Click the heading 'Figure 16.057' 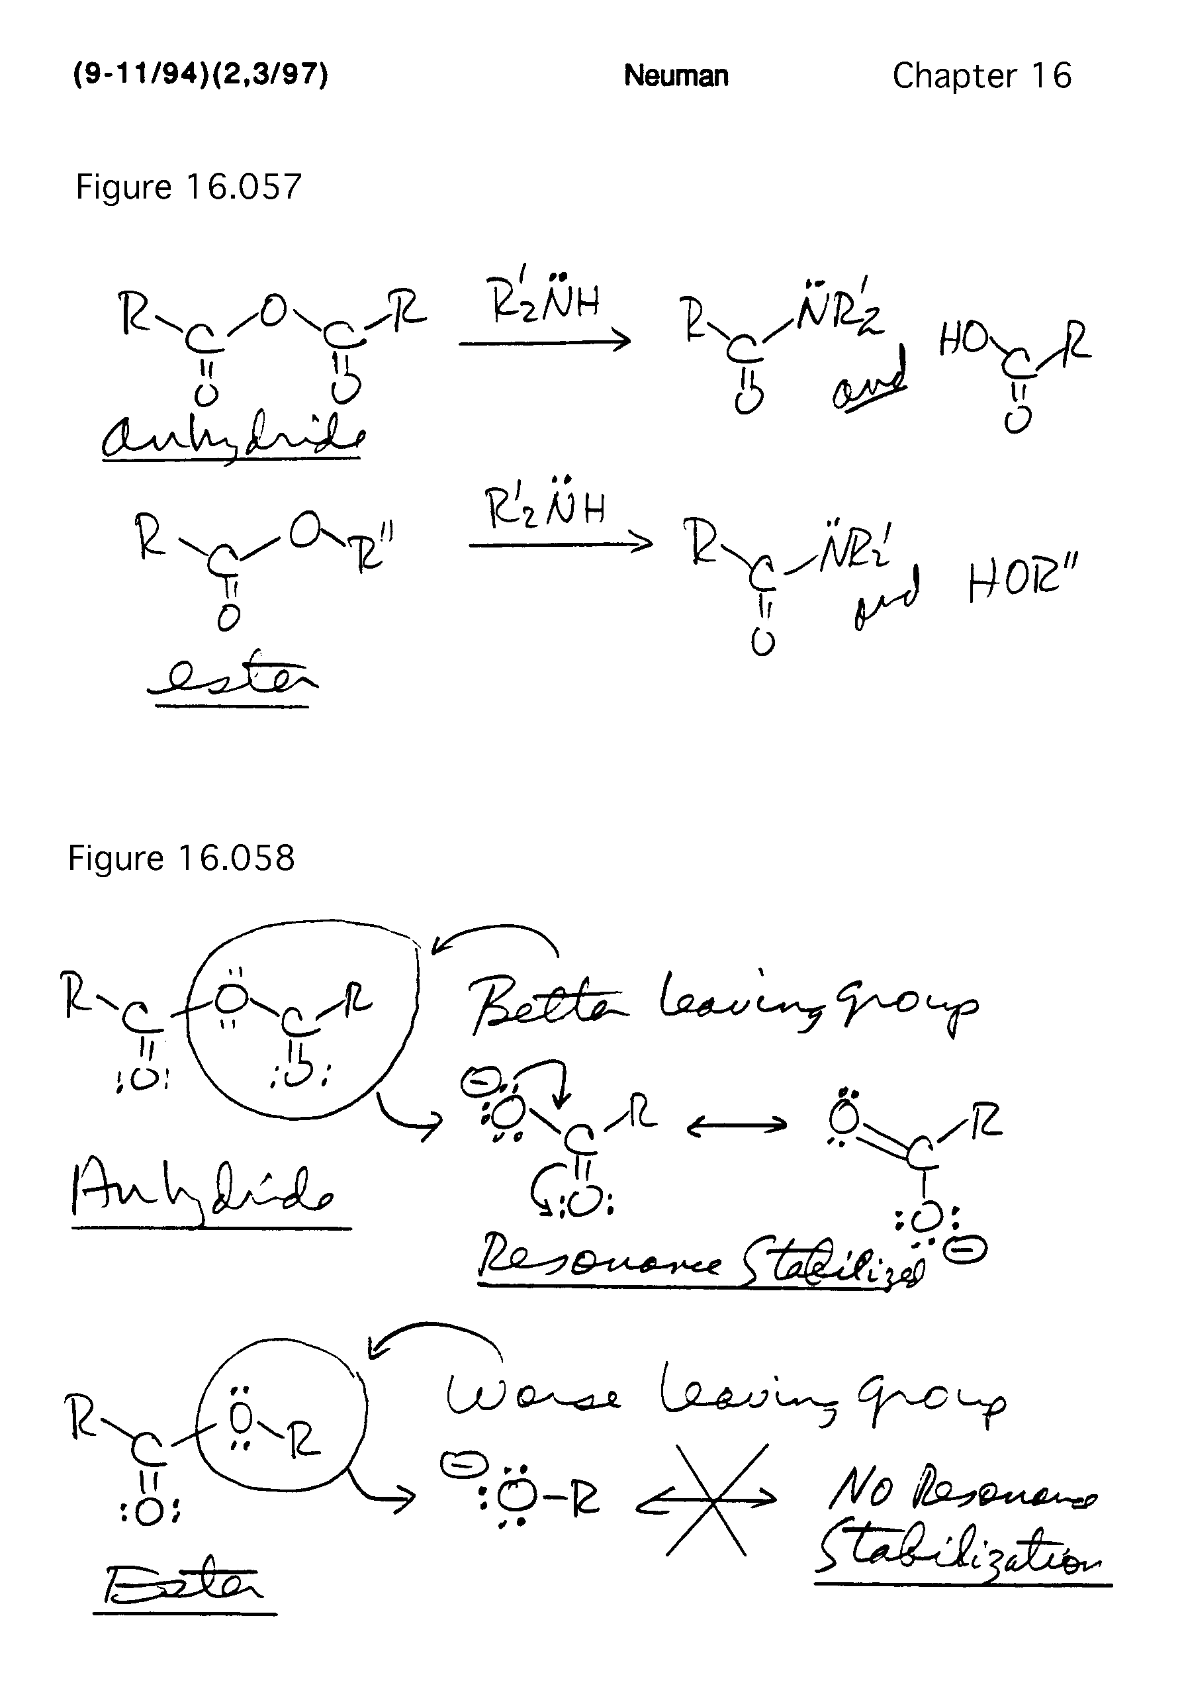(x=189, y=187)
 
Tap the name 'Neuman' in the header (x=676, y=75)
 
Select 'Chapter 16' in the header (x=981, y=75)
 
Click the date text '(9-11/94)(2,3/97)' (x=200, y=75)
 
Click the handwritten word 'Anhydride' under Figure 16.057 (x=231, y=438)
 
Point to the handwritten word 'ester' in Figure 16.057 (x=231, y=678)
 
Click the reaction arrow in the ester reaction (x=560, y=544)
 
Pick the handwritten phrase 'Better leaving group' (x=722, y=1004)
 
